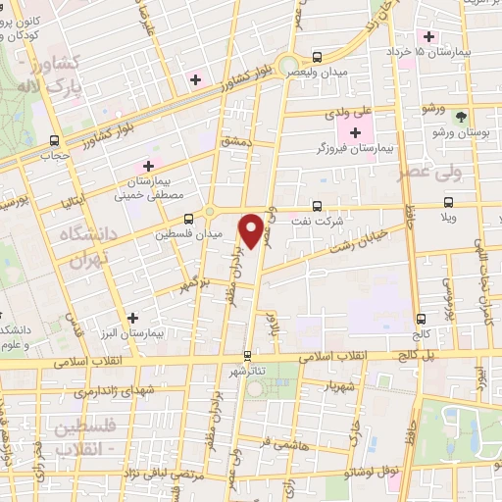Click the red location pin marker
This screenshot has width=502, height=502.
click(x=253, y=230)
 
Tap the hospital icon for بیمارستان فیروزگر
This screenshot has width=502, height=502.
click(x=355, y=132)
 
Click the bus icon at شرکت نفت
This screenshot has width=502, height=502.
click(x=317, y=207)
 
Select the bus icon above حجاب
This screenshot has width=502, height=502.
click(x=54, y=139)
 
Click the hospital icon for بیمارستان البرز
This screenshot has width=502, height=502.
click(x=133, y=317)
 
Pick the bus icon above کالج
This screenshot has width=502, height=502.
click(x=421, y=319)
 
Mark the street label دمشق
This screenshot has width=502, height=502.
click(x=237, y=142)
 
